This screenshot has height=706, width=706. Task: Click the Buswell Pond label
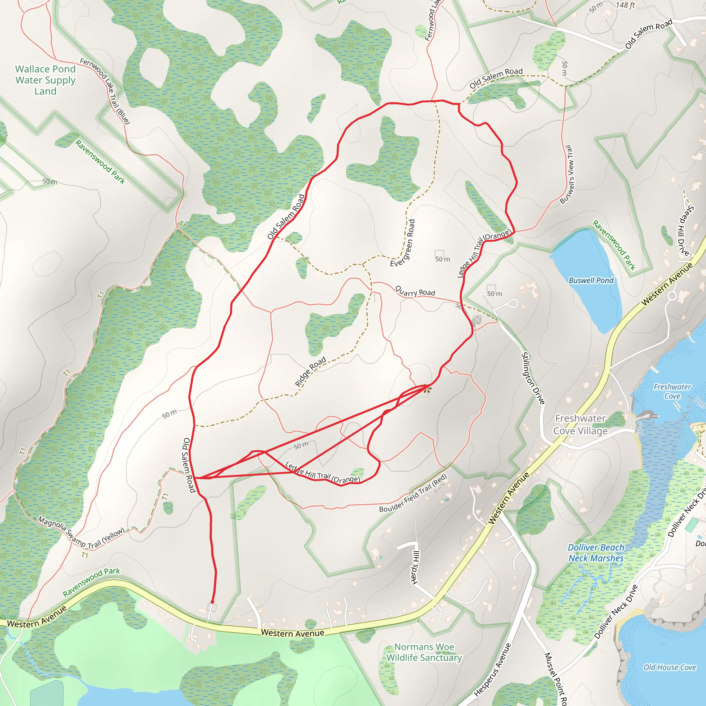tap(591, 280)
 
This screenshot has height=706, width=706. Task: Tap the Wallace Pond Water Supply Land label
tap(45, 80)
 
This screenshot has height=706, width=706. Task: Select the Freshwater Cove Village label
tap(580, 425)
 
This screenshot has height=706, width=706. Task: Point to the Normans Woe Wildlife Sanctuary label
tap(424, 652)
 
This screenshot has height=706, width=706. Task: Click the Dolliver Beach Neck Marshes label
tap(596, 553)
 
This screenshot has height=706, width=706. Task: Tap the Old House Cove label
tap(669, 667)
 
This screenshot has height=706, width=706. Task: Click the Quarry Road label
tap(415, 291)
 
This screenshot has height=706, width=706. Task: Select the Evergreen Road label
tap(403, 243)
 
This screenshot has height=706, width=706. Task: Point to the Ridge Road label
tap(310, 372)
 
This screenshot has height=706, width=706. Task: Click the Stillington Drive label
tap(533, 378)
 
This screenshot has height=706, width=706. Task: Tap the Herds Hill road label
tap(415, 567)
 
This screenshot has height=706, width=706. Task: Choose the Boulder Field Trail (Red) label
tap(413, 493)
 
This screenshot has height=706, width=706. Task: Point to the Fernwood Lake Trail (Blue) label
tap(105, 91)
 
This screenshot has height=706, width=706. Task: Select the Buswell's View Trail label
tap(566, 174)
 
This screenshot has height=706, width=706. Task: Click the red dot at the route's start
tap(212, 602)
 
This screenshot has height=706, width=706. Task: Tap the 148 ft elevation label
tap(625, 5)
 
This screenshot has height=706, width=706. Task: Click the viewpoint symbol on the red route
tap(427, 390)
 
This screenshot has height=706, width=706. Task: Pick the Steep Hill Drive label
tap(683, 231)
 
